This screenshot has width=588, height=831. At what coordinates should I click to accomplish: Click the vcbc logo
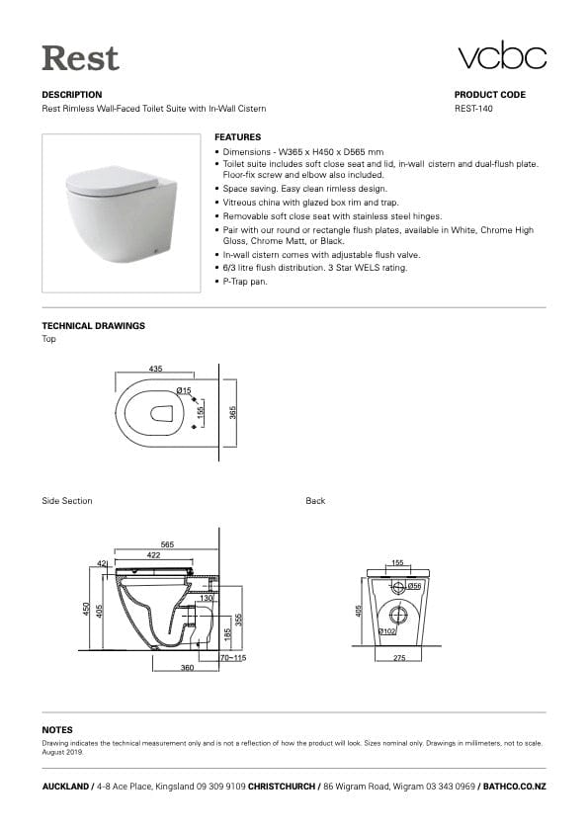pyautogui.click(x=501, y=57)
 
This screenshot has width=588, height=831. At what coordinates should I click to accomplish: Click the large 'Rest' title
pyautogui.click(x=80, y=57)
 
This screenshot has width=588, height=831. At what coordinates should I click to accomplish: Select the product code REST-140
pyautogui.click(x=473, y=109)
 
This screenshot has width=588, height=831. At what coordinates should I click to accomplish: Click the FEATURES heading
pyautogui.click(x=237, y=136)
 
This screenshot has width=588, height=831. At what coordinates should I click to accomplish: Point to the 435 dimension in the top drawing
pyautogui.click(x=156, y=368)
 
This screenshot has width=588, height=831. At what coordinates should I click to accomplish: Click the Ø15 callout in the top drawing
pyautogui.click(x=184, y=391)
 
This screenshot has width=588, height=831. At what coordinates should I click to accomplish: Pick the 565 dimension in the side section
pyautogui.click(x=168, y=544)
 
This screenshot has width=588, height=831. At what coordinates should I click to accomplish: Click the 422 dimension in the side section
pyautogui.click(x=154, y=555)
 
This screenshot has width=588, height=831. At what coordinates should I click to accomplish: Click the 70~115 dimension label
pyautogui.click(x=232, y=657)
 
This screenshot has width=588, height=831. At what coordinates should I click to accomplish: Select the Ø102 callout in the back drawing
pyautogui.click(x=387, y=629)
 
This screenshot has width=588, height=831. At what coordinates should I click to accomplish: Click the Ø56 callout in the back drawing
pyautogui.click(x=415, y=586)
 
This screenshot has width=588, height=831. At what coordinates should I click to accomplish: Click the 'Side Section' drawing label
pyautogui.click(x=67, y=501)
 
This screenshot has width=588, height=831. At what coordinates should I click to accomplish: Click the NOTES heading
pyautogui.click(x=57, y=729)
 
